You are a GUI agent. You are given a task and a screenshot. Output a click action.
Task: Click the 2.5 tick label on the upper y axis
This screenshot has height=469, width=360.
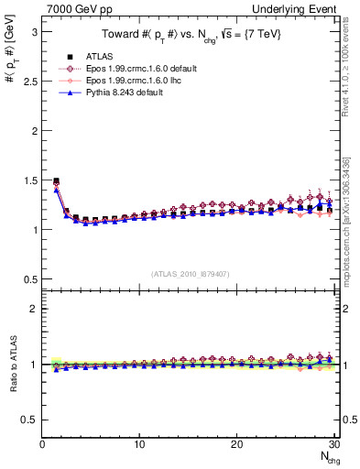pos(29,82)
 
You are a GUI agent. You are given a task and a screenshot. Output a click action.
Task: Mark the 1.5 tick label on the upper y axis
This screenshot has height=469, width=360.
pos(29,180)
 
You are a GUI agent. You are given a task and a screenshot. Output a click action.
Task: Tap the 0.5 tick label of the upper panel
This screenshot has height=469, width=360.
pos(29,279)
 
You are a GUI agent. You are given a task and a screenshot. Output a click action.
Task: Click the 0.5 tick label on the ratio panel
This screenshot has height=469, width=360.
pos(29,420)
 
